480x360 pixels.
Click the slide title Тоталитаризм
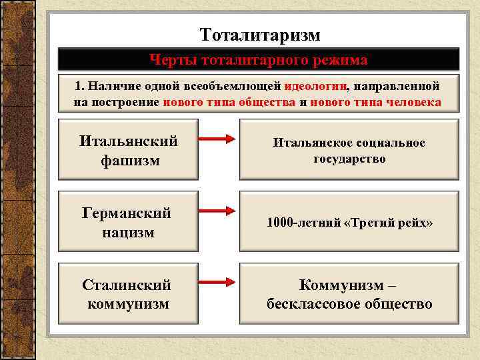point(260,34)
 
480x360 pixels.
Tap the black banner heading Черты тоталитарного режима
point(258,60)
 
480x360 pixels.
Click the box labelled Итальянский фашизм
point(129,150)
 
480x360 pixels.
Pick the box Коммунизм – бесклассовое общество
point(349,294)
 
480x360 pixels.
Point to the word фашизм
point(130,160)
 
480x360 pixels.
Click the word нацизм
point(127,232)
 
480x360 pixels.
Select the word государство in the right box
point(349,159)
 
